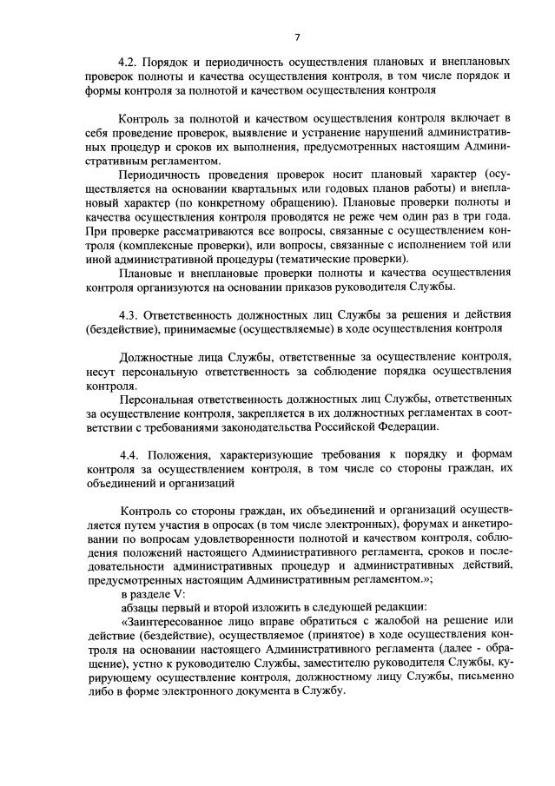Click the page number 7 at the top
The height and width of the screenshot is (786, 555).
click(x=297, y=36)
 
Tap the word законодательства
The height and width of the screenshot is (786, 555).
click(x=270, y=426)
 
